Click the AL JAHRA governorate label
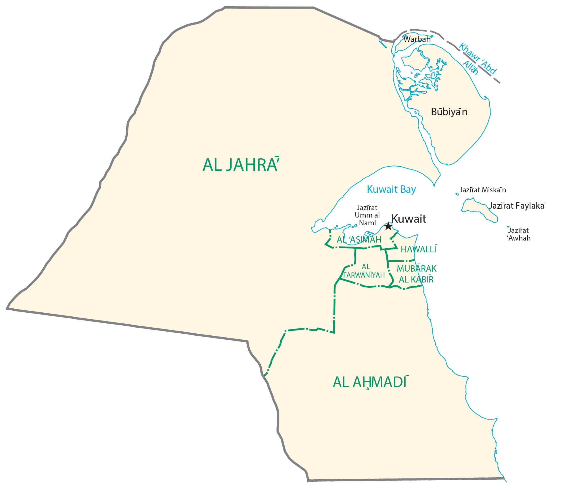pyautogui.click(x=241, y=165)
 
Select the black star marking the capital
pyautogui.click(x=388, y=226)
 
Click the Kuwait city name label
pyautogui.click(x=409, y=219)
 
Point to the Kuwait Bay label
pyautogui.click(x=391, y=189)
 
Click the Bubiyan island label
pyautogui.click(x=449, y=112)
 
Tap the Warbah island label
pyautogui.click(x=417, y=39)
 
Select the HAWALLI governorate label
pyautogui.click(x=419, y=249)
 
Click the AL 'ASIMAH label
pyautogui.click(x=359, y=239)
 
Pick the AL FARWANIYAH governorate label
pyautogui.click(x=364, y=271)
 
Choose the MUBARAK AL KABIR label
pyautogui.click(x=416, y=274)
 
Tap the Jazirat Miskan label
pyautogui.click(x=483, y=190)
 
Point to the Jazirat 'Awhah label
pyautogui.click(x=519, y=234)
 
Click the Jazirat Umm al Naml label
pyautogui.click(x=367, y=215)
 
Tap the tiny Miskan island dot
pyautogui.click(x=457, y=194)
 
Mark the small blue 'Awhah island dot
pyautogui.click(x=508, y=227)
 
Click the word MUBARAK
pyautogui.click(x=417, y=269)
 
